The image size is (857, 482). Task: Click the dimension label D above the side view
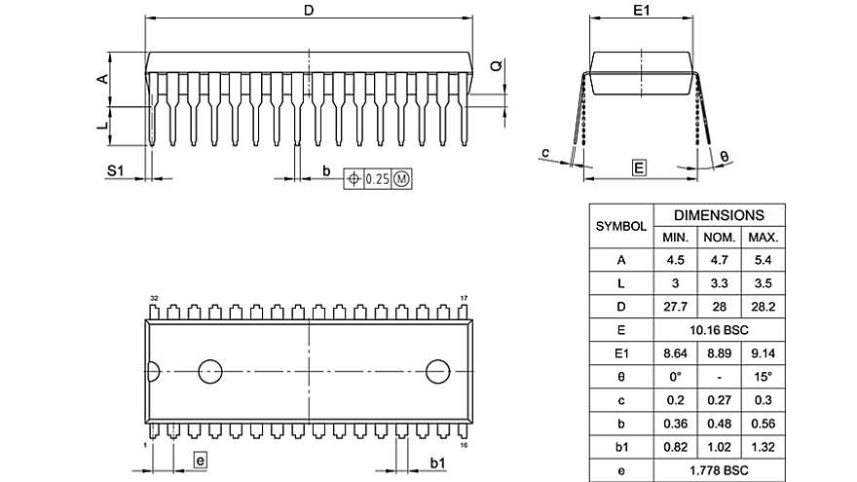coord(309,11)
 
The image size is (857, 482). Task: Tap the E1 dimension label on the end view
coord(641,11)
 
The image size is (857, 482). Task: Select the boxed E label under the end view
coord(639,168)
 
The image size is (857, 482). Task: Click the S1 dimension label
coord(116,170)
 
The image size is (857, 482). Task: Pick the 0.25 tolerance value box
coord(377,178)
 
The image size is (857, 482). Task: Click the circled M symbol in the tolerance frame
coord(401,178)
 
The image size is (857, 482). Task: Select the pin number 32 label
coord(154,297)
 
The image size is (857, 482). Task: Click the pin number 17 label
coord(465,297)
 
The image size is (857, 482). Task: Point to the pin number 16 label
coord(465,445)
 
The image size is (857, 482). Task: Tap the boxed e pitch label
coord(199,461)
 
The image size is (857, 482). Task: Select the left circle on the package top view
coord(210,371)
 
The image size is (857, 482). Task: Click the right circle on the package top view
coord(438,371)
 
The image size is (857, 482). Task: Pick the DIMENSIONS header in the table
coord(719,215)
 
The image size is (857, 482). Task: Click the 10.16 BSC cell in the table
coord(719,330)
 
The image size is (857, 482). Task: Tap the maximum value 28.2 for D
coord(762,307)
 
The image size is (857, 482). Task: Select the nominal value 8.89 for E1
coord(719,353)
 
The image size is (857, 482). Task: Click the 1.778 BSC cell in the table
coord(719,470)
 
